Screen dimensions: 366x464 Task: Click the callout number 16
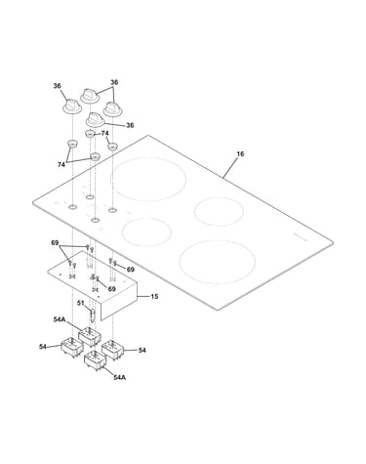pos(240,153)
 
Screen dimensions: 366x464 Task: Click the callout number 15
pos(154,296)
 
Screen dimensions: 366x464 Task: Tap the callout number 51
pos(80,303)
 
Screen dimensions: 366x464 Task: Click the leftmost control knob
pos(71,106)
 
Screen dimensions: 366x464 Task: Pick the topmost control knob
pos(89,96)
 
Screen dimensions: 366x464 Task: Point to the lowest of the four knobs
pos(95,120)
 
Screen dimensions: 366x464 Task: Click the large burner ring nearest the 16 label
pos(148,179)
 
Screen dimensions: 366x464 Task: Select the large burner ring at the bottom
pos(218,262)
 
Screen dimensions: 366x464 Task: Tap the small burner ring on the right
pos(219,211)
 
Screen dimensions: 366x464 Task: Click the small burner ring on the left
pos(146,232)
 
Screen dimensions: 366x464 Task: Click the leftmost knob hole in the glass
pos(72,207)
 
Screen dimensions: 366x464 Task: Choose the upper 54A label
pos(60,319)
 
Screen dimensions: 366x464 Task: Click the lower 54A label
pos(120,377)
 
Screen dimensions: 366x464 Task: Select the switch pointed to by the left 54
pos(72,347)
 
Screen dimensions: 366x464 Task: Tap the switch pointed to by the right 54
pos(112,350)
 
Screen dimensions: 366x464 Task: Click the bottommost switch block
pos(95,359)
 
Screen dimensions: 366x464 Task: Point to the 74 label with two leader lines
pos(61,165)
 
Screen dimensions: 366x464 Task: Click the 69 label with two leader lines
pos(55,243)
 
